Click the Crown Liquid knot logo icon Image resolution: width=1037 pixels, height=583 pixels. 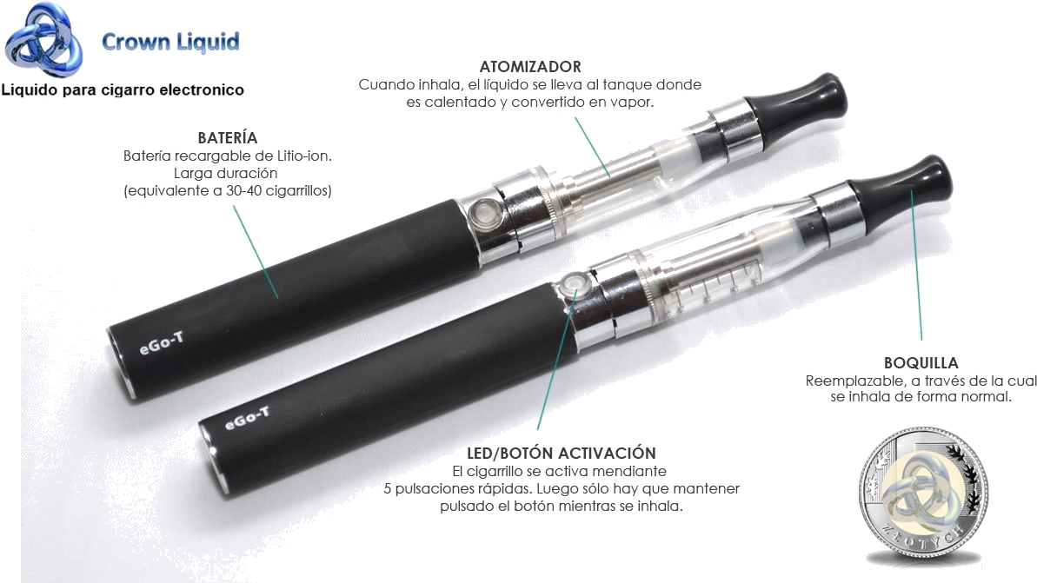43,40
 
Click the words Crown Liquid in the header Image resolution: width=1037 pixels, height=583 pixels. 170,43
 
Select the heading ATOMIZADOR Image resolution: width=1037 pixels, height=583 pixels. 529,67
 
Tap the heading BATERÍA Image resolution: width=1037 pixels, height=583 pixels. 228,137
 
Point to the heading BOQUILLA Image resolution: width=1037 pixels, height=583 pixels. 921,363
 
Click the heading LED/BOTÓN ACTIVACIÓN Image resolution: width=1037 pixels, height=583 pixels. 561,454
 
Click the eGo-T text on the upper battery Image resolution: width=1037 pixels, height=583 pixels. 162,343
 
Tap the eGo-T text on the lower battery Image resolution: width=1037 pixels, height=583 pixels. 248,418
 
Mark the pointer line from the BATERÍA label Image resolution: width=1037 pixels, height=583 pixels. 256,251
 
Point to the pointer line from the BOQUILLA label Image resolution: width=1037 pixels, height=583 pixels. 916,265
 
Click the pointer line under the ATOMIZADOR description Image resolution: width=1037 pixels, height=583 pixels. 592,148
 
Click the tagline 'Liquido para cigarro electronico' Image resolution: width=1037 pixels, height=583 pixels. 123,89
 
